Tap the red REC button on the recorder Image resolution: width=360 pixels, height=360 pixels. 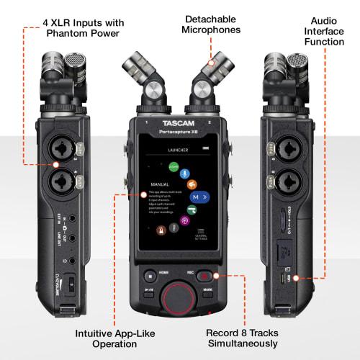[206, 274]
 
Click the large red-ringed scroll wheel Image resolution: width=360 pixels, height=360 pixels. [177, 296]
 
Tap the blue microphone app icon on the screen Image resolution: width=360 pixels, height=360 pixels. [184, 174]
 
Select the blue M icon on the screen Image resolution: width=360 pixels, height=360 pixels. [194, 197]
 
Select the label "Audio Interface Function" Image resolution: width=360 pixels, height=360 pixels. [325, 32]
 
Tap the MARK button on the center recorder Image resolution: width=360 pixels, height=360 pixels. [208, 292]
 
